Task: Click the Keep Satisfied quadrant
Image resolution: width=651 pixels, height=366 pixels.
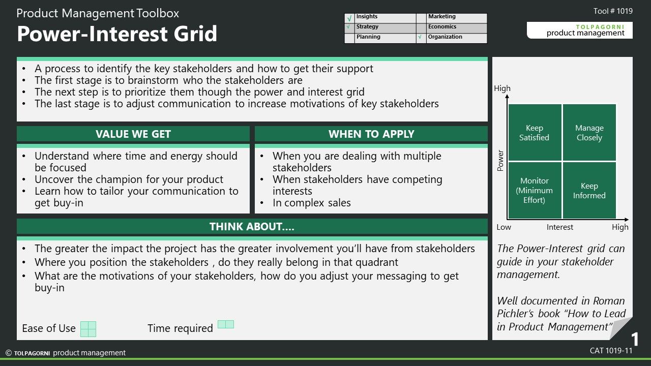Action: tap(535, 132)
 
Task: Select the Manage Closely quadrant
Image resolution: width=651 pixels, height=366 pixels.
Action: tap(589, 132)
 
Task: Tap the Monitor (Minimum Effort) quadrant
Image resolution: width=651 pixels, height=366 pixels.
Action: tap(535, 190)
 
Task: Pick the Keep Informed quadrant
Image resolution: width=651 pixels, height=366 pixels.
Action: tap(589, 190)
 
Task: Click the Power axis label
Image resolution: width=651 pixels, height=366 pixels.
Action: tap(500, 161)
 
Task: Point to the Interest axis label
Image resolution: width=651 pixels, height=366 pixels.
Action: tap(560, 227)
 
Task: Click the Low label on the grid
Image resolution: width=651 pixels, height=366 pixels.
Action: tap(504, 227)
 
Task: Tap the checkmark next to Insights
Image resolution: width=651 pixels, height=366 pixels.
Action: tap(349, 19)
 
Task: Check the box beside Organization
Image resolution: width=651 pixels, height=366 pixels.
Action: tap(421, 38)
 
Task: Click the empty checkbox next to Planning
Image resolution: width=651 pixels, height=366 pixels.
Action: tap(349, 38)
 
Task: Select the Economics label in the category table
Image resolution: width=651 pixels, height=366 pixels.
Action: tap(442, 27)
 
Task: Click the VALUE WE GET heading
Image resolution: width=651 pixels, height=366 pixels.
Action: tap(133, 134)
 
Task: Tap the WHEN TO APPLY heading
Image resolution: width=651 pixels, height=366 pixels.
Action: tap(371, 134)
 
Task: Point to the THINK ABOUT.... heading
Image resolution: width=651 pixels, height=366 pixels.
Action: tap(252, 227)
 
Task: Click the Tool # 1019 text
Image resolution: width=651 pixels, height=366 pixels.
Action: tap(613, 11)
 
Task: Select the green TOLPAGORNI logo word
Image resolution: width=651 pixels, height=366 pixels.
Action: tap(600, 27)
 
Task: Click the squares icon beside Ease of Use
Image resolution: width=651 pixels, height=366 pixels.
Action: tap(88, 329)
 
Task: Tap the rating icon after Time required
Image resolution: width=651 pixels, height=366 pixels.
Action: tap(226, 324)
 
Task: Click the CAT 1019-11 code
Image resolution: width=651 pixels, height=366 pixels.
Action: tap(611, 351)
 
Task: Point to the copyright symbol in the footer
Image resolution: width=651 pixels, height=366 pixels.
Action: tap(9, 353)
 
